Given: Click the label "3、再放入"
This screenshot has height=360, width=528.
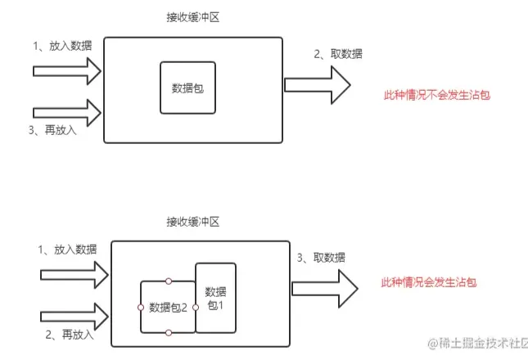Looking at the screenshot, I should [52, 130].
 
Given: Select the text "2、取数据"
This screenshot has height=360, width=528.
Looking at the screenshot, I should [338, 54].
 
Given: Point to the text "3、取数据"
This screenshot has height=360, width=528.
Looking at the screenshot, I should [320, 257].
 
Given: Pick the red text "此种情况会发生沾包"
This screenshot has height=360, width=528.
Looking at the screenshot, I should [429, 282].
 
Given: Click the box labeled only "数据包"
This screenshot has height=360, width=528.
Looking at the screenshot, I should [187, 87].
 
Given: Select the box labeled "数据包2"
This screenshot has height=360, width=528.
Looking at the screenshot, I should [168, 307].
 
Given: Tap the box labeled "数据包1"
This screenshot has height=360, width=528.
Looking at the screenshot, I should [215, 298].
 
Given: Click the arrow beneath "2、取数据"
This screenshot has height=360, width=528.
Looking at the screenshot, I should [318, 84].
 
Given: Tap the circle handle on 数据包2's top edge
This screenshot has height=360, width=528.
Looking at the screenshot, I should [168, 281].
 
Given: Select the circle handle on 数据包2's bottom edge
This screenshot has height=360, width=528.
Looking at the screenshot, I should [168, 333].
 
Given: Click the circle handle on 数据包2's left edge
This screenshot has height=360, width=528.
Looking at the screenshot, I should [141, 307].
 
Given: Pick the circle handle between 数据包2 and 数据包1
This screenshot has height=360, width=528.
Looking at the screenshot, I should [196, 307].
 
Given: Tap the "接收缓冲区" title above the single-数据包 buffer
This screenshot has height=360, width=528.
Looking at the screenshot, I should [192, 17].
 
